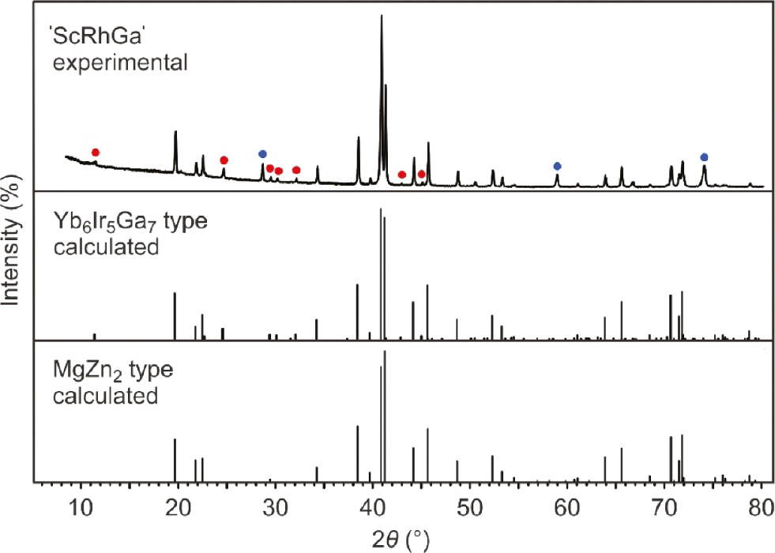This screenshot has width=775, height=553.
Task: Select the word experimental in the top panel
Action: pos(120,61)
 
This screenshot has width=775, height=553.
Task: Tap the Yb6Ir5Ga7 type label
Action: pos(130,223)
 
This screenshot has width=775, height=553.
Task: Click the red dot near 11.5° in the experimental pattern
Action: pos(96,152)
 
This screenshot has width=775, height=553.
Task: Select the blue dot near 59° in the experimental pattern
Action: pos(557,166)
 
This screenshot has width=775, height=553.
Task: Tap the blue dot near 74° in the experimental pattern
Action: pos(704,157)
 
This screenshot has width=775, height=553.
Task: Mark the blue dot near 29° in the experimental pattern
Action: pos(262,154)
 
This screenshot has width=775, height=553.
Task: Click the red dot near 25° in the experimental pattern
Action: pos(224,160)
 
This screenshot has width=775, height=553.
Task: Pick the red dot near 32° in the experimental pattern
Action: pos(296,170)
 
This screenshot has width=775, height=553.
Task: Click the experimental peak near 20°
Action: pos(175,132)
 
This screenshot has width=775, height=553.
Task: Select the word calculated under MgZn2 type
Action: pos(104,394)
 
